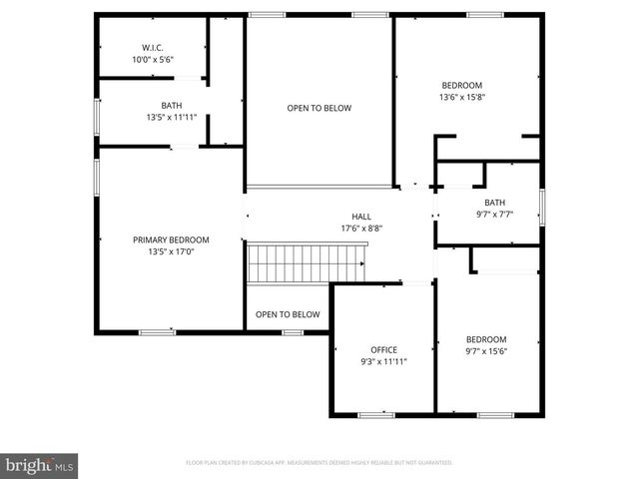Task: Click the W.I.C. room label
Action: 153,47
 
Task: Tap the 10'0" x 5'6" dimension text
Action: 153,60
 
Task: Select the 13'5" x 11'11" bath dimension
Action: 172,118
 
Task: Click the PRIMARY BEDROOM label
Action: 171,239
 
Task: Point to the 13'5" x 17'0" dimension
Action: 171,252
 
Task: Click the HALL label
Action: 360,216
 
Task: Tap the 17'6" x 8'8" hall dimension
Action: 360,229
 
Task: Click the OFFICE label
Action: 383,349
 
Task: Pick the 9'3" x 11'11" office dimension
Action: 383,362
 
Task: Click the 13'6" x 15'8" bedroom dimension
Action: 462,98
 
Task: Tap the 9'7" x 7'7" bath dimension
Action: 495,214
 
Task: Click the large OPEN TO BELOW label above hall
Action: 319,108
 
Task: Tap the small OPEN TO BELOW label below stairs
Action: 288,314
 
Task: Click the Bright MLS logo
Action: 40,465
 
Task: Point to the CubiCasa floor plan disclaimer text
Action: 319,463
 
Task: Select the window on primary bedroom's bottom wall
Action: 157,331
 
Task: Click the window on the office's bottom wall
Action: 375,414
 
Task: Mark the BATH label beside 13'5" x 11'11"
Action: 172,105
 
